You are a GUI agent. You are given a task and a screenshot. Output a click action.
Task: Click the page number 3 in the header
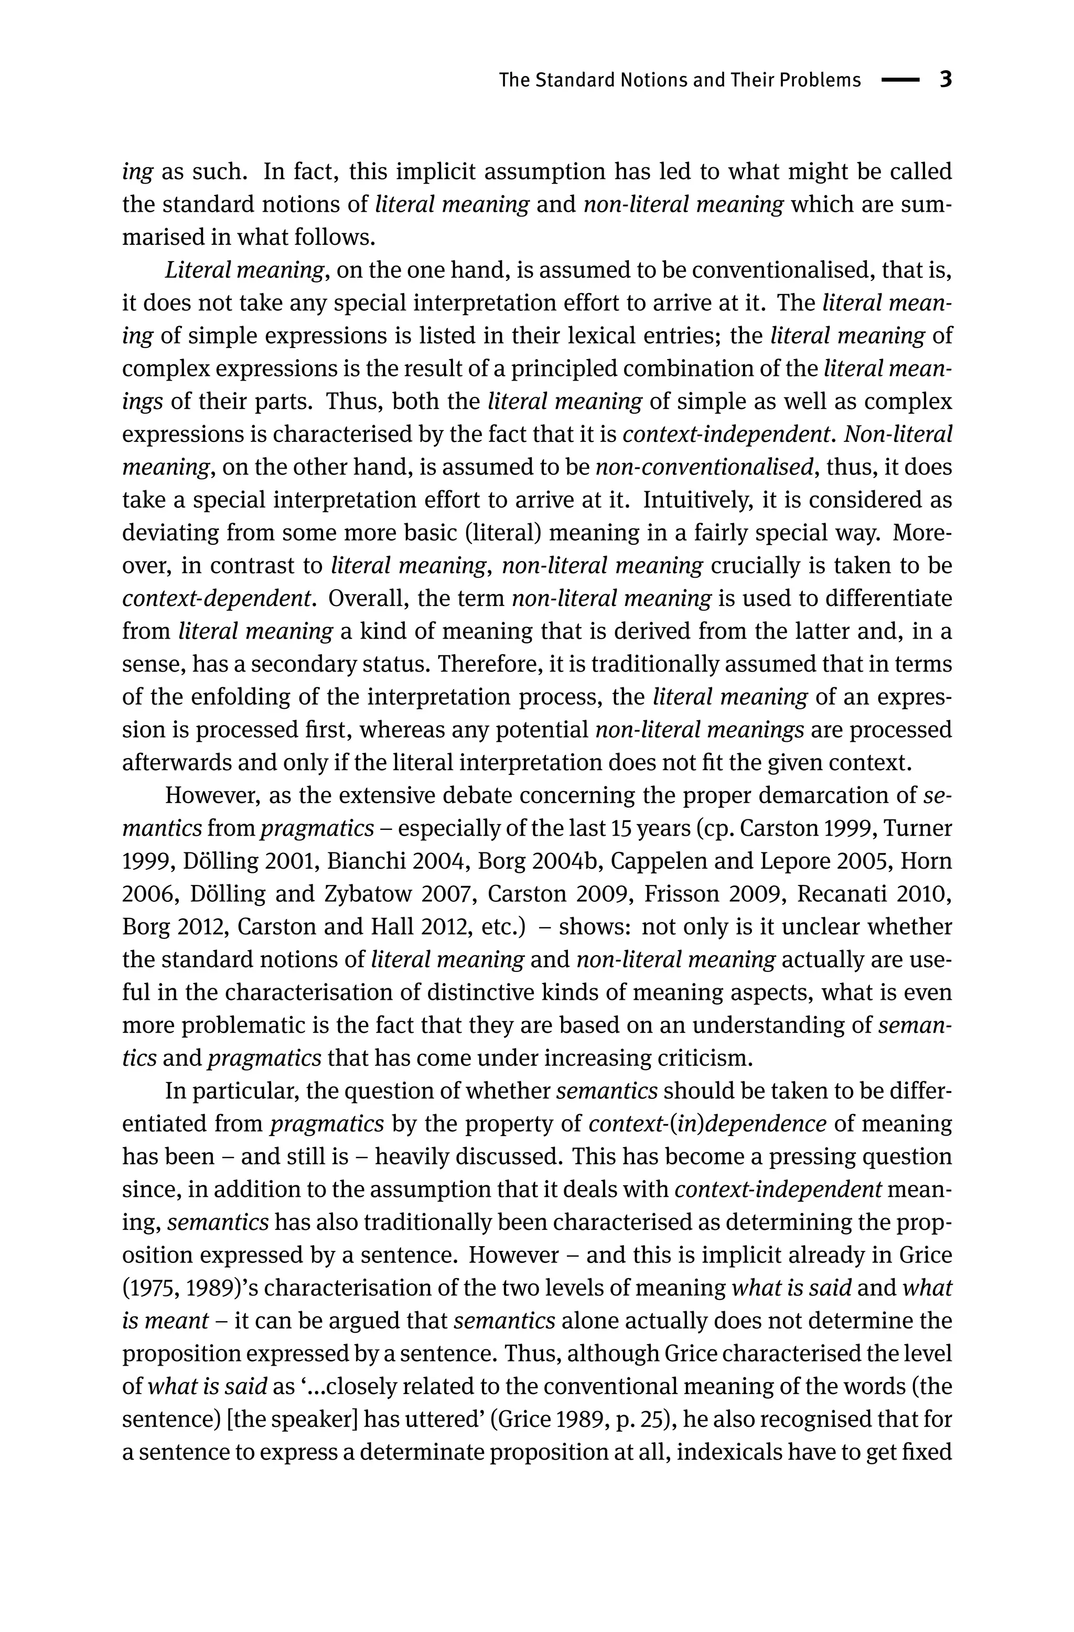coord(945,80)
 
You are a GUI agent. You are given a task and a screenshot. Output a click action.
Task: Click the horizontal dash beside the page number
coord(899,80)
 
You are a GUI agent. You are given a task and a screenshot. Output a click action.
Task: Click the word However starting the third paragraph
coord(210,795)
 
